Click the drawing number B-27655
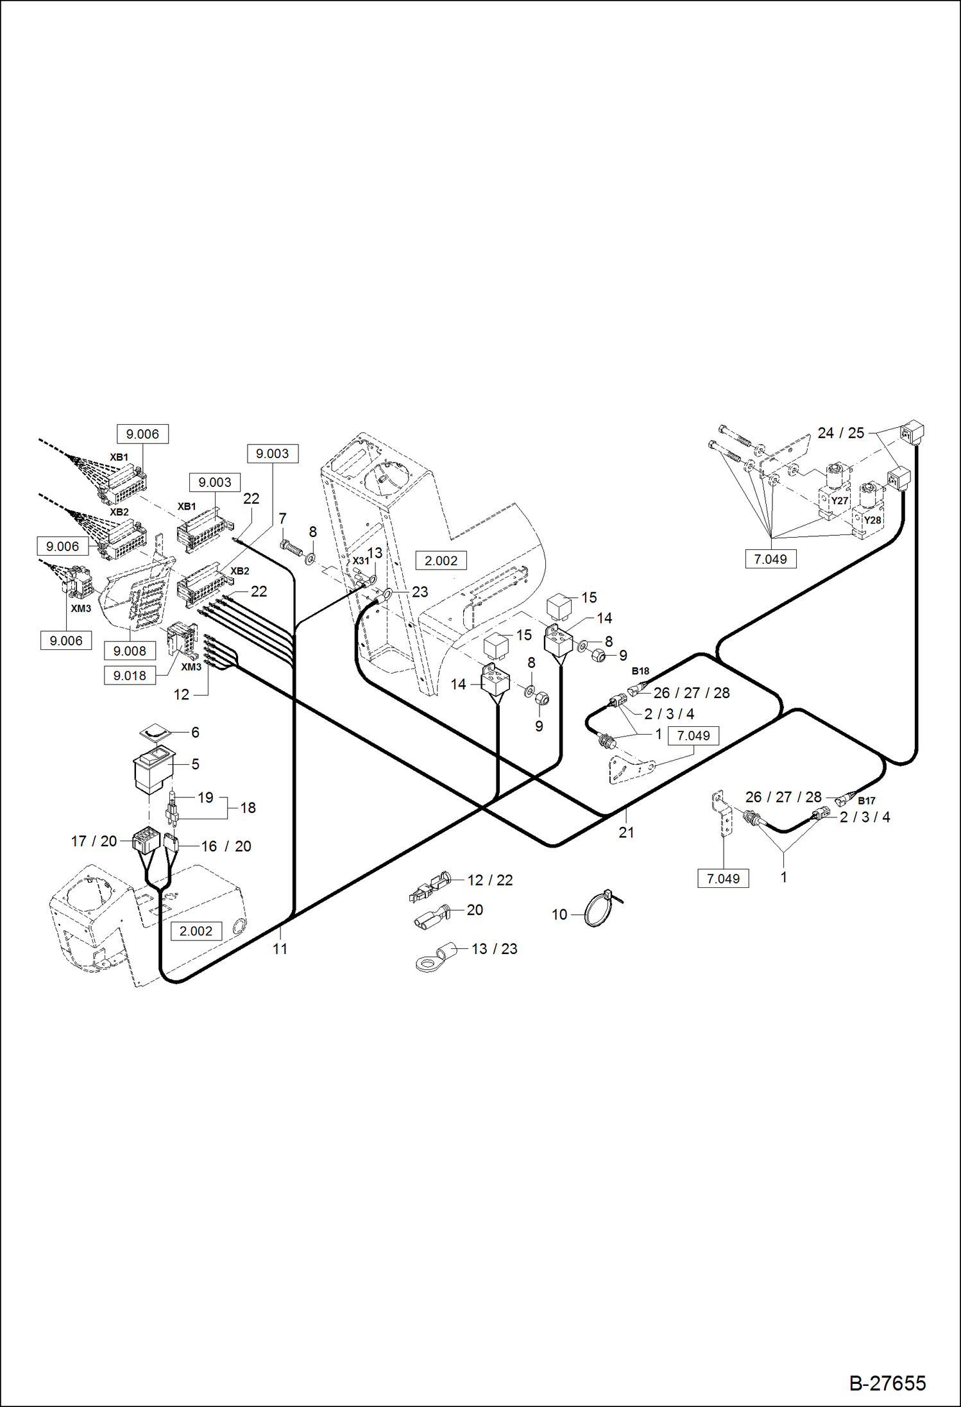coord(887,1383)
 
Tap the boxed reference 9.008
coord(130,651)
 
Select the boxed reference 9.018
coord(130,676)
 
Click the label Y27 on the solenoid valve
coord(839,501)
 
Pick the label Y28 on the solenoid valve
coord(872,520)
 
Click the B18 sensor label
coord(640,671)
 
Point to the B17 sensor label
coord(866,801)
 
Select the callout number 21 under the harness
coord(626,833)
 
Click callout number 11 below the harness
coord(280,949)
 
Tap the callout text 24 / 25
coord(840,433)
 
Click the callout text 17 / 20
coord(94,841)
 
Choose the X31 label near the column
coord(361,561)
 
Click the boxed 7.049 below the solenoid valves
coord(770,559)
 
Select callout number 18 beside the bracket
coord(248,808)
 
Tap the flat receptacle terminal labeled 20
coord(429,918)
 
